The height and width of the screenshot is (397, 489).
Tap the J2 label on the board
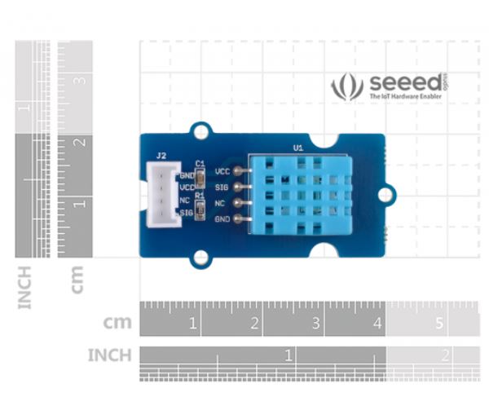click(161, 156)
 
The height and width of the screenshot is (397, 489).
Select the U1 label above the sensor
click(297, 148)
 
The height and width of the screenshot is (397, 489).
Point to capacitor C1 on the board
click(200, 173)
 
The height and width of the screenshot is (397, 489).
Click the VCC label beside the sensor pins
click(222, 172)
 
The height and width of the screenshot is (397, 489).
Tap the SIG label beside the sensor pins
click(222, 187)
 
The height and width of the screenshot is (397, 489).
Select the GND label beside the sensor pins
click(222, 219)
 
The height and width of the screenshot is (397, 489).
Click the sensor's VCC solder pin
click(238, 172)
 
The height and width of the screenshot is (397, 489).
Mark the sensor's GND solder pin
click(238, 218)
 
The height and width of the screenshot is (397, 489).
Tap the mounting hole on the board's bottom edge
click(200, 258)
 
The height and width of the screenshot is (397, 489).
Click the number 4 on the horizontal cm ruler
click(377, 324)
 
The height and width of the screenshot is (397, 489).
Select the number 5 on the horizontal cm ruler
click(439, 324)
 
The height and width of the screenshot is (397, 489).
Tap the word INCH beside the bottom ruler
click(109, 355)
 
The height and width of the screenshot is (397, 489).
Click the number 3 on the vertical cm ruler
click(81, 81)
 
